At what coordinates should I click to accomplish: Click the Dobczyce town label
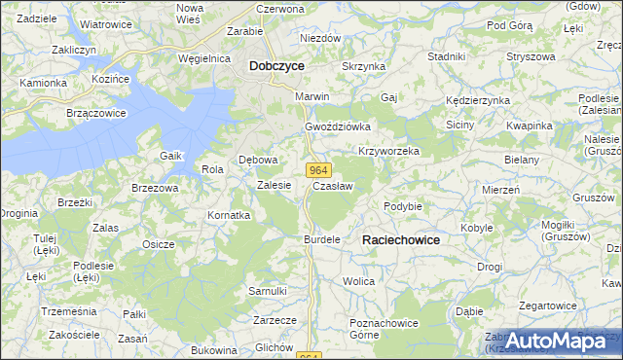pos(276,66)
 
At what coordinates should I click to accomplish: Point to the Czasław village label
pos(332,185)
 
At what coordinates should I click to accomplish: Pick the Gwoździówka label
pos(339,127)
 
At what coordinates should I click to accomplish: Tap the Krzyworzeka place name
pos(388,152)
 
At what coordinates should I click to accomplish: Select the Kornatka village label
pos(229,215)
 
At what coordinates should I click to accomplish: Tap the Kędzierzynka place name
pos(477,100)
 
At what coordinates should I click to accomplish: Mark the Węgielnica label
pos(203,58)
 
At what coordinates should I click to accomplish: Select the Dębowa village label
pos(259,161)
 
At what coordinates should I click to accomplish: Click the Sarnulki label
pos(267,291)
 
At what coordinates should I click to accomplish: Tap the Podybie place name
pos(402,206)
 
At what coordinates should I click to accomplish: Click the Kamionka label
pos(42,83)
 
